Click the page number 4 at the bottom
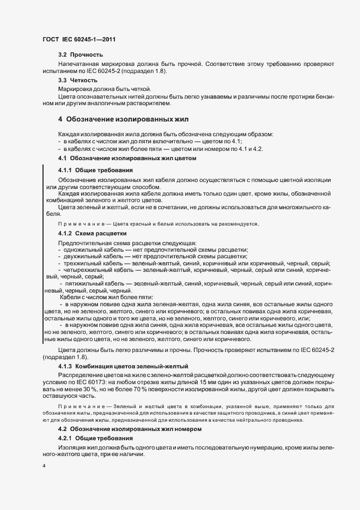[44, 466]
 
